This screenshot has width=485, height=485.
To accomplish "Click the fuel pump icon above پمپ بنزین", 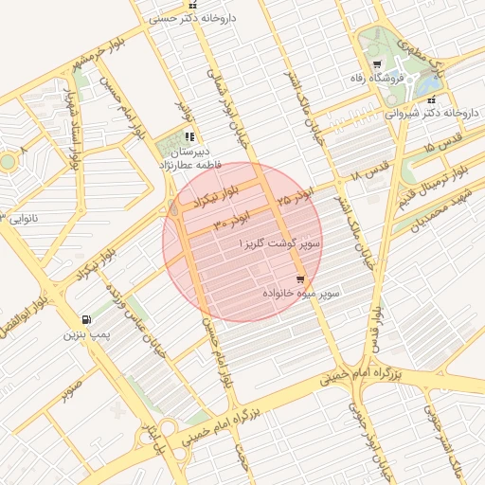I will (87, 320).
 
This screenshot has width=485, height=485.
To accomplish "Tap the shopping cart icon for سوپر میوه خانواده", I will (300, 279).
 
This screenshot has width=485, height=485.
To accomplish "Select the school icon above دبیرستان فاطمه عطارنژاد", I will (190, 136).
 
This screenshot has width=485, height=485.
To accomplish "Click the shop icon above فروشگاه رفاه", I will (377, 64).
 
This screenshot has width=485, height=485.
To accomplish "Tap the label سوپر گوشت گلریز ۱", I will (281, 244).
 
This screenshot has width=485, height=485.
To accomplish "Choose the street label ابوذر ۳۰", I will (231, 222).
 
